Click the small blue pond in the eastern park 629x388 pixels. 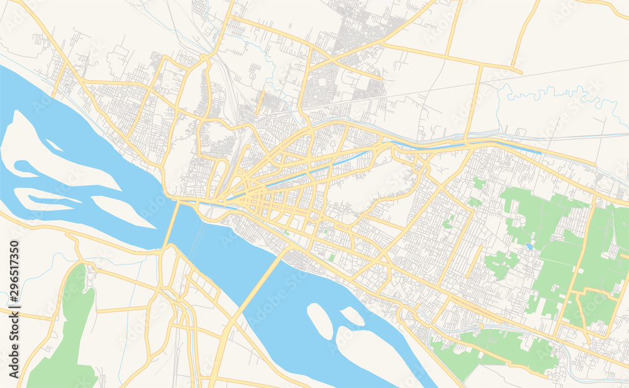point(530,247)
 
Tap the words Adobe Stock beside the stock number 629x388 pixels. point(13,343)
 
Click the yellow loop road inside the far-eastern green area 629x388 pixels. point(591,308)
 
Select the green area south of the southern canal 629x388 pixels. point(497,349)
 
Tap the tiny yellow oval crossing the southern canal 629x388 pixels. point(481,327)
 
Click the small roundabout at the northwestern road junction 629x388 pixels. point(204,58)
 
